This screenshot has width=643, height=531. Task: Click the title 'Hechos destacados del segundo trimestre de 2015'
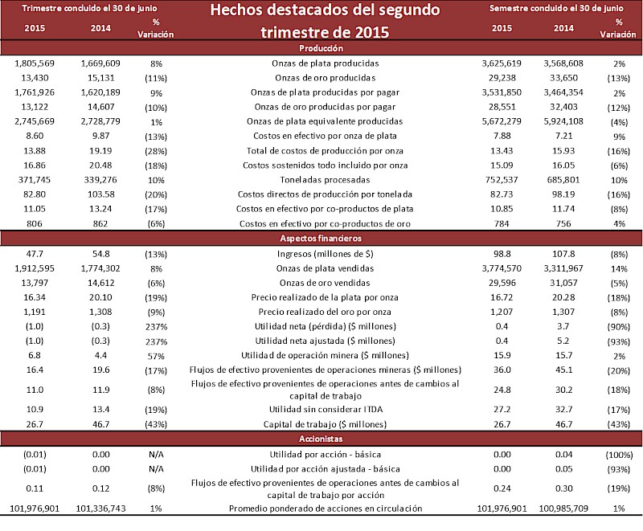click(325, 22)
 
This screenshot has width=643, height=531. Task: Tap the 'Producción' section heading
click(326, 48)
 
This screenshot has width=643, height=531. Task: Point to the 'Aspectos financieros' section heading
click(326, 239)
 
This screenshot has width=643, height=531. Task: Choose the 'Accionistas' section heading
click(326, 439)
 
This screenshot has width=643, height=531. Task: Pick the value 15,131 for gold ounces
click(100, 77)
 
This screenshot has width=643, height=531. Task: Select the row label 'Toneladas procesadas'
click(326, 180)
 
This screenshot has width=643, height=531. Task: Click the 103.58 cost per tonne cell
click(100, 194)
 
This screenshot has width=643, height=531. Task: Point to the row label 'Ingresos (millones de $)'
click(326, 254)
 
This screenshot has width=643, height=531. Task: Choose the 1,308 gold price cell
click(100, 312)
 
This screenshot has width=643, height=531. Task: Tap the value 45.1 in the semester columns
click(565, 370)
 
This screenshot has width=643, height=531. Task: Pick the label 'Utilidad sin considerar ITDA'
click(326, 410)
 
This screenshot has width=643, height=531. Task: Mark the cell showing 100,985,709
click(565, 508)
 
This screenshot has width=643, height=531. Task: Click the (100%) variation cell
click(618, 455)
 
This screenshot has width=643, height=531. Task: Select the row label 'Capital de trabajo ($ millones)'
click(326, 424)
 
